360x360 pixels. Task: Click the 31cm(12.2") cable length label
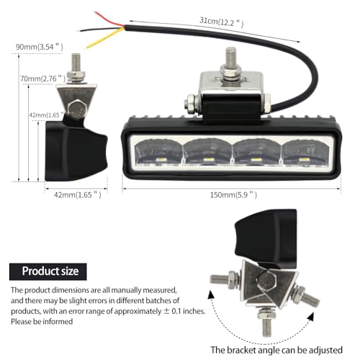click(221, 22)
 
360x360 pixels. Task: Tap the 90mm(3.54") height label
click(40, 47)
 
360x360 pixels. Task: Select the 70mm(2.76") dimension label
click(43, 78)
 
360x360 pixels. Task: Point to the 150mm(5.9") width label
click(233, 194)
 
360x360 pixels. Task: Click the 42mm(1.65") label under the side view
click(77, 194)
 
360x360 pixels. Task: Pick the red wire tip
click(94, 12)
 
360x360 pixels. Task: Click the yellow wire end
click(87, 48)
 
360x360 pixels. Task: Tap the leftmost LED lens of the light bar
click(158, 152)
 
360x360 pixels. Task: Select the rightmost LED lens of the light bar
click(305, 153)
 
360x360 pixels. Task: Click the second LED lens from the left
click(207, 152)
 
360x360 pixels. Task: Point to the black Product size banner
click(48, 271)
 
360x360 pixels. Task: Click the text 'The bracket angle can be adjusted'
click(276, 350)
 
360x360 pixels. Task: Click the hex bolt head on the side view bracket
click(76, 109)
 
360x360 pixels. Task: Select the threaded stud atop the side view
click(76, 62)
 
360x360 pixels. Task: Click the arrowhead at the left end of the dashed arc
click(211, 294)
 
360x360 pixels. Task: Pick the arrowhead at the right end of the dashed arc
click(311, 316)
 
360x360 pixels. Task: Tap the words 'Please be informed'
click(42, 321)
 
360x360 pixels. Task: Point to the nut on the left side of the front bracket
click(191, 104)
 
